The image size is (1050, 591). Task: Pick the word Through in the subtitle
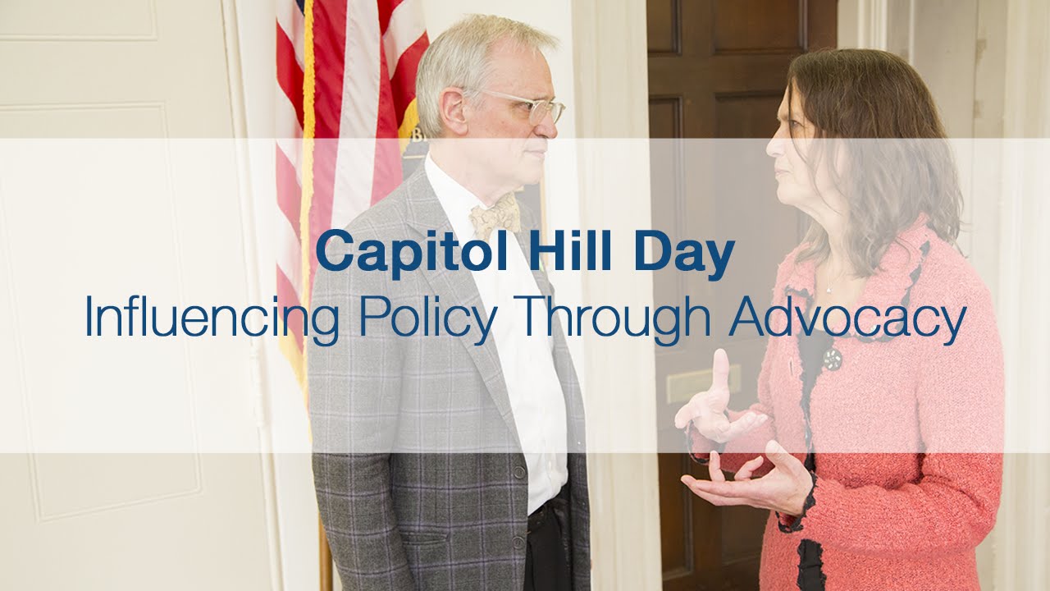[x=614, y=318]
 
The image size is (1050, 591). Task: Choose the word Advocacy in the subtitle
[x=847, y=318]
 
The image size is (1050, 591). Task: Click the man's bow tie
[x=495, y=215]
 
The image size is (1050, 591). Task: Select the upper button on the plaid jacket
[x=518, y=474]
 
